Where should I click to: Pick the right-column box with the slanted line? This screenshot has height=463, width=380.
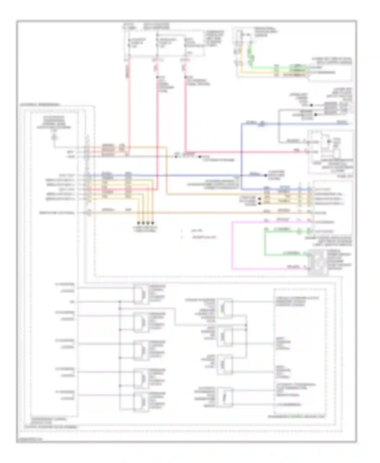click(x=224, y=397)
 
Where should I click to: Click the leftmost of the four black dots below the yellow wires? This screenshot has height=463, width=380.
click(x=139, y=223)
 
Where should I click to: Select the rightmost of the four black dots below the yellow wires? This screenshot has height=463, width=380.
click(x=153, y=223)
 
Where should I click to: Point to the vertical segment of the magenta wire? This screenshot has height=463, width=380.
click(x=232, y=244)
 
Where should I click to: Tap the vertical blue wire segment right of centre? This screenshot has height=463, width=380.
click(x=241, y=157)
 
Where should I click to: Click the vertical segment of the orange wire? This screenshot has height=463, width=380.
click(x=166, y=171)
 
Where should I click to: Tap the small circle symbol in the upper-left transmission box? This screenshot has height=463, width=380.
click(x=54, y=138)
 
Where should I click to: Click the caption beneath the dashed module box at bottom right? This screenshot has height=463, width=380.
click(x=296, y=423)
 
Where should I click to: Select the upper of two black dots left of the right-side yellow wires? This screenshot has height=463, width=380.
click(x=259, y=199)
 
